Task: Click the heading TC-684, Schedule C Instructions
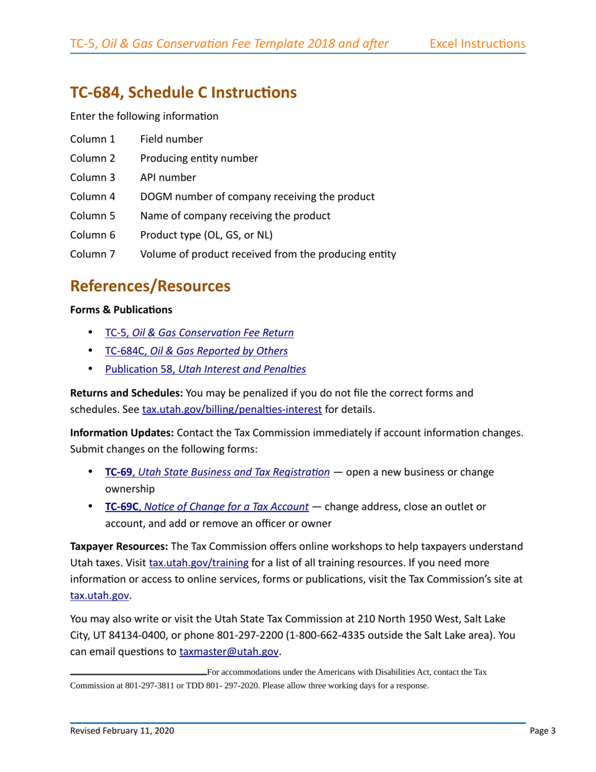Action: (183, 93)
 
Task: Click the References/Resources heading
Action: (150, 286)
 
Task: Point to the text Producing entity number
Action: (199, 158)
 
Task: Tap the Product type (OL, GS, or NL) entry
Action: (206, 235)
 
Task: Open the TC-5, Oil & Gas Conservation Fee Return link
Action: (199, 333)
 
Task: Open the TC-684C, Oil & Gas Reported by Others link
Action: (196, 351)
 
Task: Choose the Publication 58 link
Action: (205, 370)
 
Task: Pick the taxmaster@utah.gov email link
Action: (229, 651)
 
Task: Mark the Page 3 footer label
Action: (538, 731)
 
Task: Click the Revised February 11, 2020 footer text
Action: (122, 731)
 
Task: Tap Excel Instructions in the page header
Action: (477, 44)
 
